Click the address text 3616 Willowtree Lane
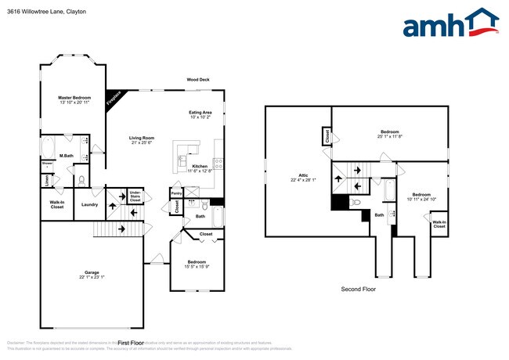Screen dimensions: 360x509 tap(34, 13)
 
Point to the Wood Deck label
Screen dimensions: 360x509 tap(197, 79)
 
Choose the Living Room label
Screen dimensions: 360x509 tap(142, 139)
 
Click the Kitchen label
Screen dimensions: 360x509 tap(200, 166)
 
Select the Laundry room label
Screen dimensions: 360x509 tap(89, 205)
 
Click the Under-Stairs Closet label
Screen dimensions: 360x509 tap(135, 196)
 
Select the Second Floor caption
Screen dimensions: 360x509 tap(358, 289)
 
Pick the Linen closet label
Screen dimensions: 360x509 tap(46, 181)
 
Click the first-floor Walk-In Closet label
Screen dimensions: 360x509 tap(56, 205)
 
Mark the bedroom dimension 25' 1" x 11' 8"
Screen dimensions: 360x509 tap(389, 136)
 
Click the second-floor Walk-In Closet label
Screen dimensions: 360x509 tap(439, 224)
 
